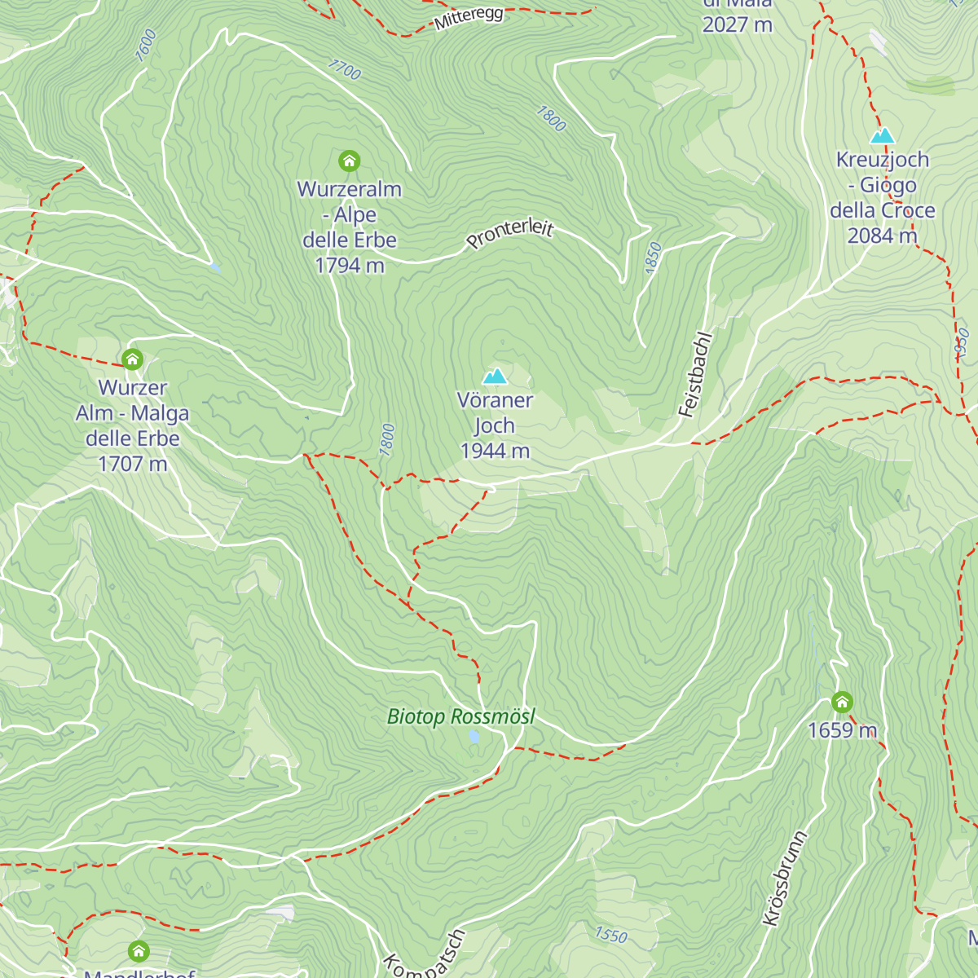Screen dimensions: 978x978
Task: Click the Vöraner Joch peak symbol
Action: [x=495, y=376]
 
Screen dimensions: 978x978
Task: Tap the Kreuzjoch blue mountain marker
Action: [x=882, y=135]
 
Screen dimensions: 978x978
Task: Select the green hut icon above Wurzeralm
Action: [x=349, y=161]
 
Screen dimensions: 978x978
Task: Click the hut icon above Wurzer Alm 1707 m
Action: [x=132, y=359]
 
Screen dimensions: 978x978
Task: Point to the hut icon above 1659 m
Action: [x=842, y=702]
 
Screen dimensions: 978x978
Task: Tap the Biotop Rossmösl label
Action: [x=461, y=716]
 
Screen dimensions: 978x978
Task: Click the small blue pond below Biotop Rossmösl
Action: [x=474, y=737]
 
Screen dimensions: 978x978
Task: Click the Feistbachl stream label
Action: [x=695, y=375]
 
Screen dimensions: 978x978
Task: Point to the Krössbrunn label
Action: [x=784, y=879]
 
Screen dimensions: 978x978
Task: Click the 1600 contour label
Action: [x=145, y=46]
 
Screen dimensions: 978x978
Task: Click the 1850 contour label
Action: [x=653, y=258]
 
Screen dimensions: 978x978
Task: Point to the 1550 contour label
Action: [x=611, y=934]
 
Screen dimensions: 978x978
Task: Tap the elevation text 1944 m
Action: [x=495, y=451]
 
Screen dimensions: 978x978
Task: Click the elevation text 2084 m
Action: [x=882, y=236]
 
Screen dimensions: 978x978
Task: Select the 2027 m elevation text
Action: [x=737, y=24]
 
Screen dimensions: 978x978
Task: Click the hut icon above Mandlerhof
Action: [x=139, y=950]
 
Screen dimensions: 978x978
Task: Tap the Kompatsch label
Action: [x=425, y=955]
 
